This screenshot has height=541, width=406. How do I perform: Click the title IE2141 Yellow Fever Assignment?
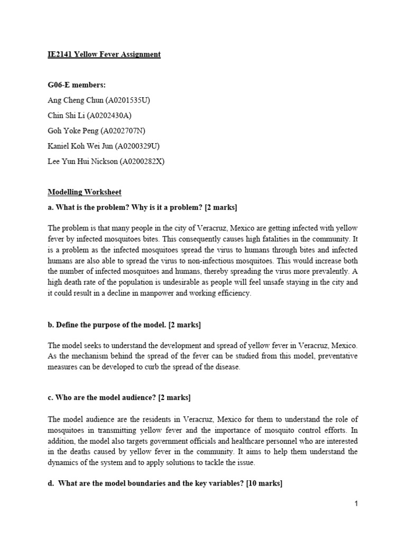pyautogui.click(x=104, y=54)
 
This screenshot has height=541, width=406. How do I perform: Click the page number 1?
pyautogui.click(x=356, y=504)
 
